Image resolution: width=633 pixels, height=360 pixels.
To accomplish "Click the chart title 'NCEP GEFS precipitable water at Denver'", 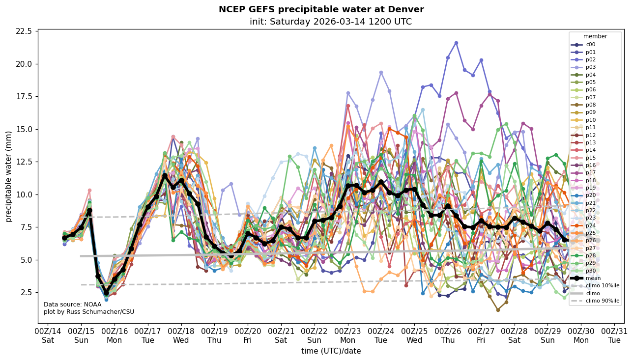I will [321, 10].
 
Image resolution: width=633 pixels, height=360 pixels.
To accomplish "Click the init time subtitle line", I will [330, 22].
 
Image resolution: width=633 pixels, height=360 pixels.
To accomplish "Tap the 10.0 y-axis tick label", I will [24, 194].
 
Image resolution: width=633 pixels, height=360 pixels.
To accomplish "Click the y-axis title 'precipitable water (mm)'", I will [9, 176].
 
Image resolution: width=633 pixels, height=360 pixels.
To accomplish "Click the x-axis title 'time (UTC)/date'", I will [331, 351].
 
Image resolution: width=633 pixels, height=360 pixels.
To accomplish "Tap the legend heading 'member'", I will [595, 36].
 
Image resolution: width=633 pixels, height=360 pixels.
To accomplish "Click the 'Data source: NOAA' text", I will [72, 305].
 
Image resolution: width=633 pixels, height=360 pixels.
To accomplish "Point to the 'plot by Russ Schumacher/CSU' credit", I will [89, 312].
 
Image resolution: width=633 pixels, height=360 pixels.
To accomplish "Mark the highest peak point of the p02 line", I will [456, 43].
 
